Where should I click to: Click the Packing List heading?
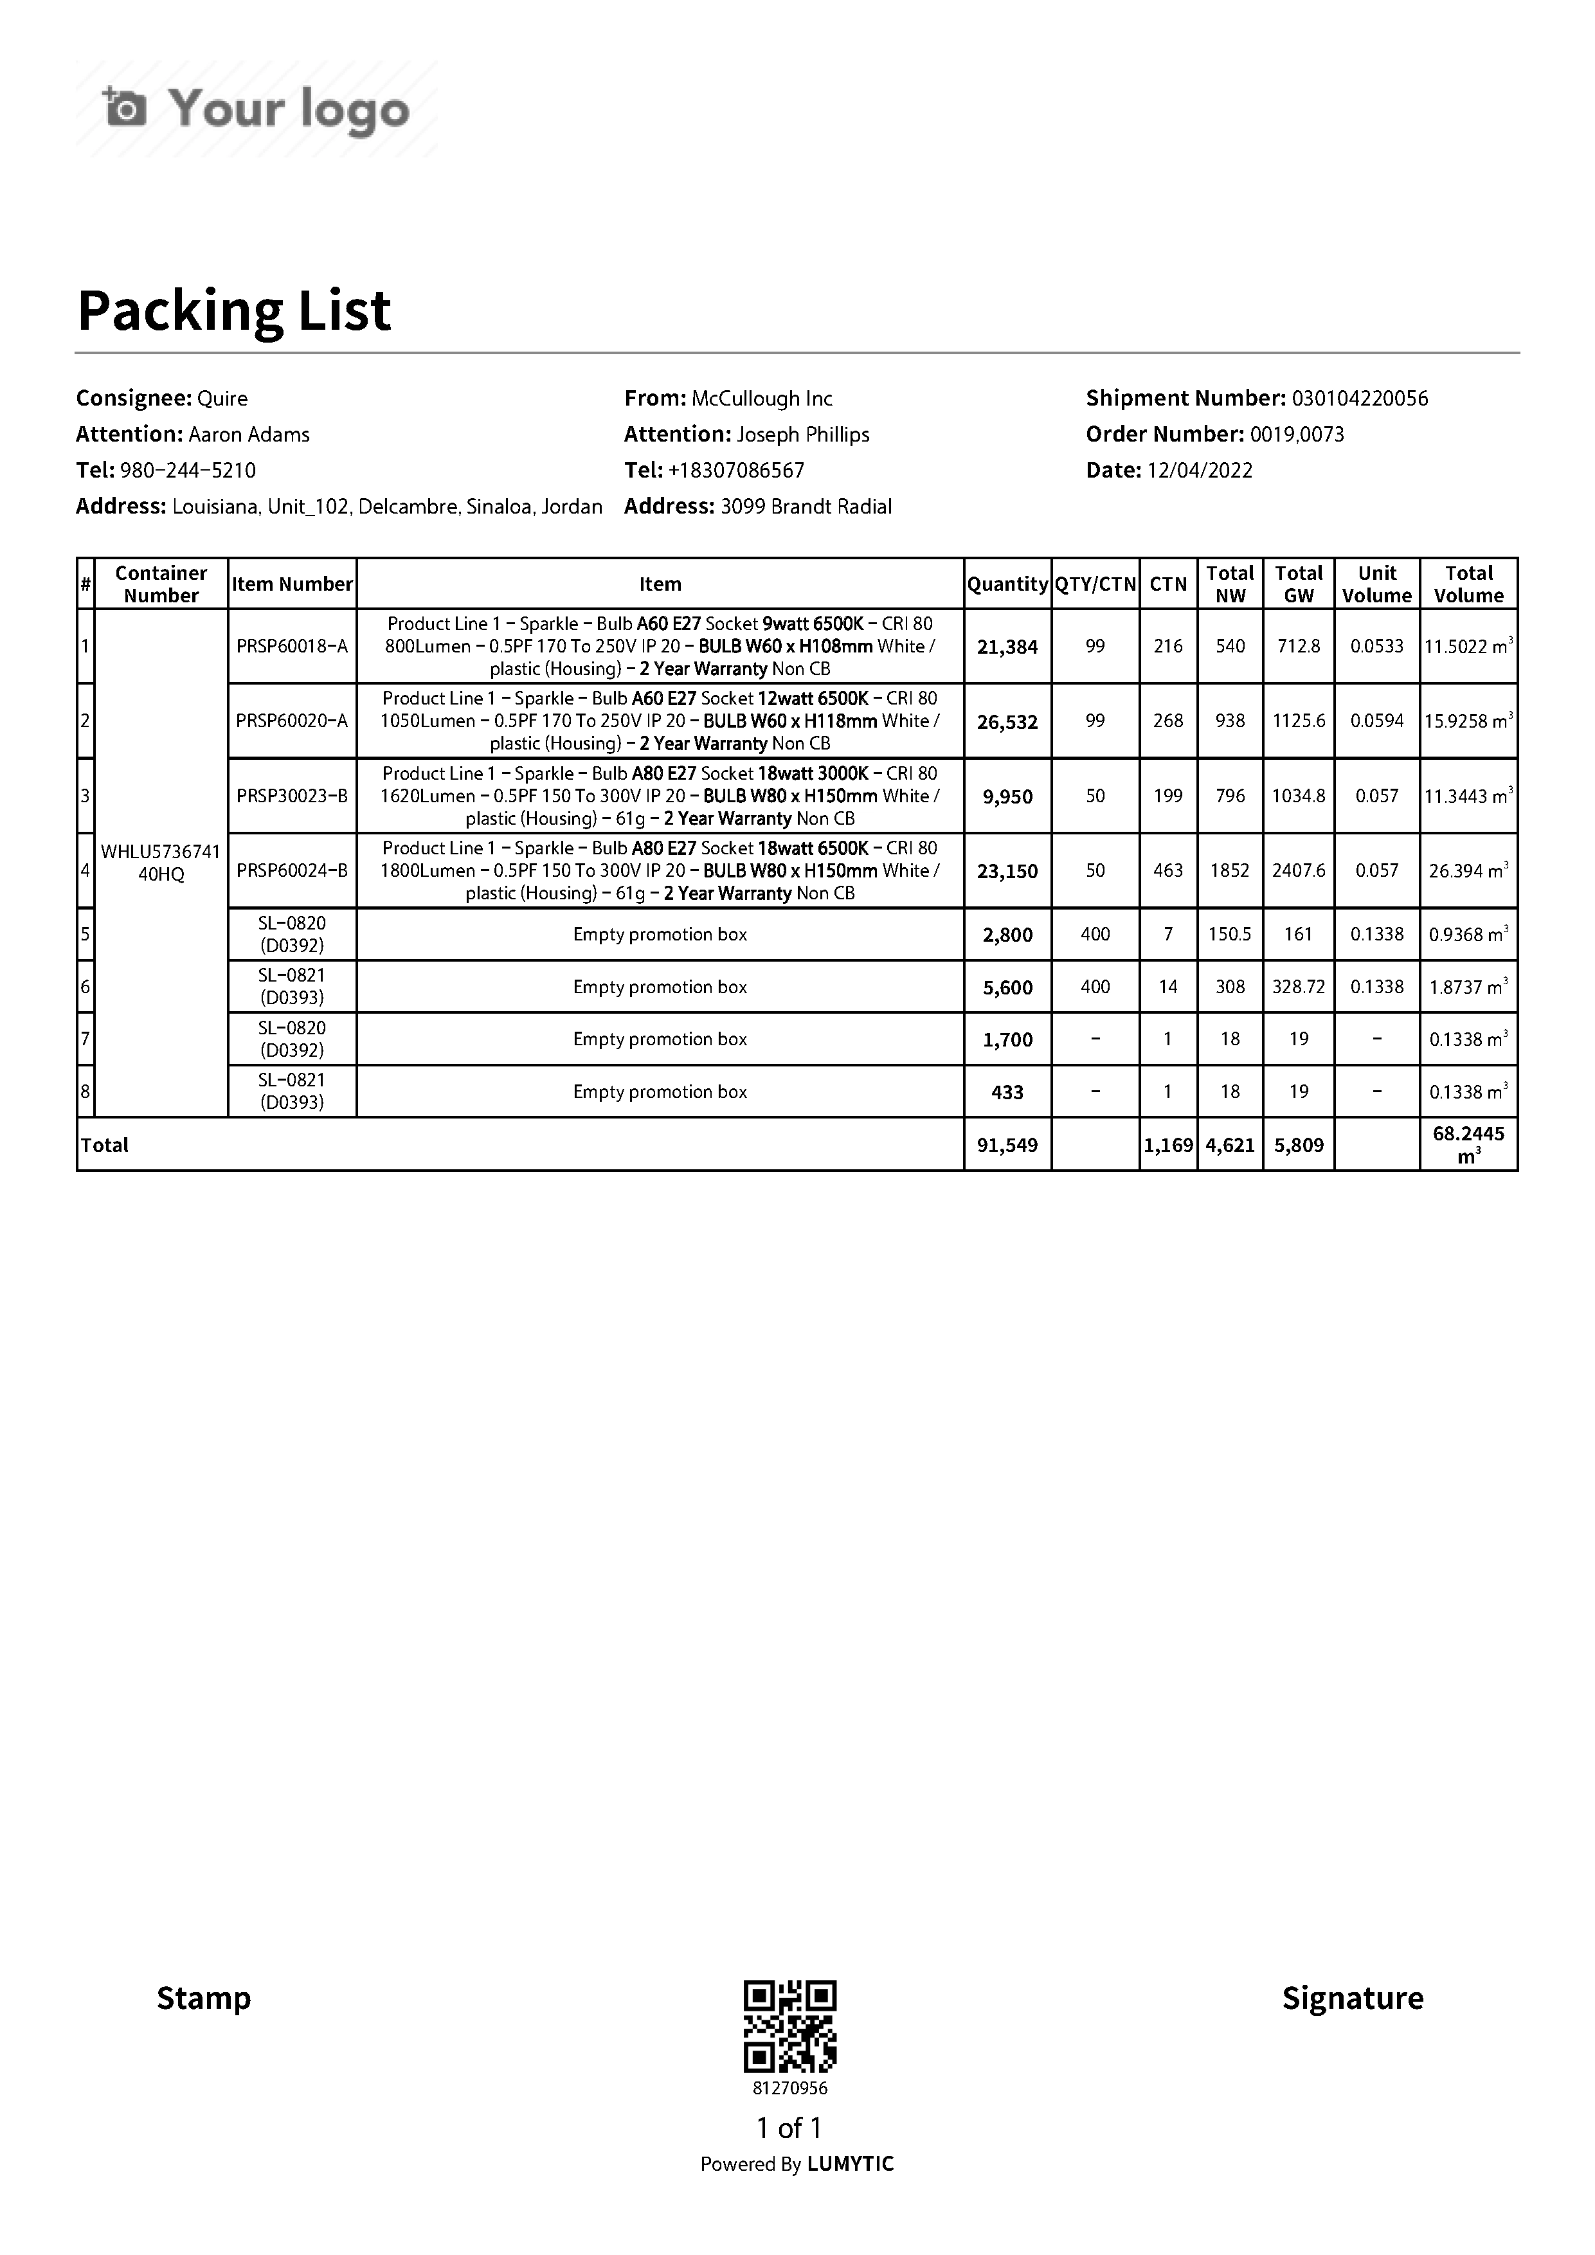tap(234, 310)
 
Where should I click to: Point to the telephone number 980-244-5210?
tap(188, 471)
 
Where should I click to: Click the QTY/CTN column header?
tap(1095, 584)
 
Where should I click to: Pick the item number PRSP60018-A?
tap(292, 646)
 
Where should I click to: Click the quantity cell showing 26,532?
tap(1007, 722)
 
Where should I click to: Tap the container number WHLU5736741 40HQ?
tap(161, 862)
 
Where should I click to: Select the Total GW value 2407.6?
tap(1299, 871)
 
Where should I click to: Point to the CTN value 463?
tap(1167, 871)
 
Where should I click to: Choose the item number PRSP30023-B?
tap(292, 796)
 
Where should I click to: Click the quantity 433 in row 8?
tap(1007, 1092)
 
